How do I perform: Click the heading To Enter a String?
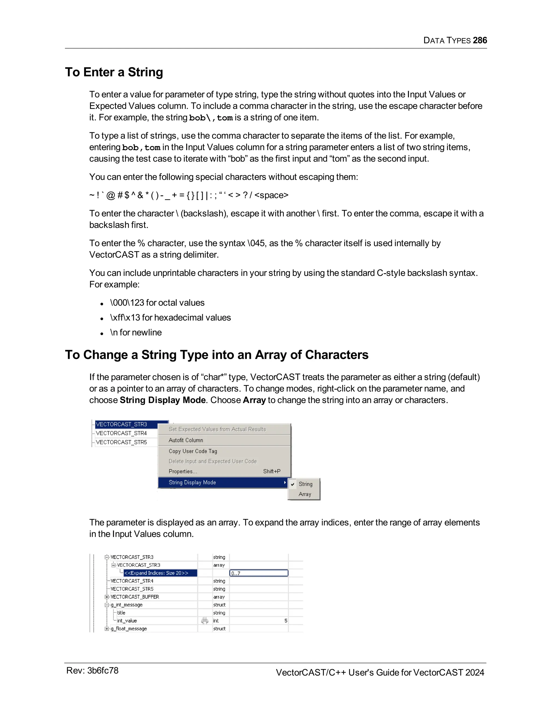tap(114, 72)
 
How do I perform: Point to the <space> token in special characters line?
tap(271, 195)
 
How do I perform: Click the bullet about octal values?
tap(157, 303)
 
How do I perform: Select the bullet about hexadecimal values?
tap(170, 317)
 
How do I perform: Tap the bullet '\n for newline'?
tap(136, 332)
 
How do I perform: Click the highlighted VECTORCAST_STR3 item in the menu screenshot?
tap(122, 424)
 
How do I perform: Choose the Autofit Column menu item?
tap(186, 440)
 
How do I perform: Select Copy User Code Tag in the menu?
tap(193, 451)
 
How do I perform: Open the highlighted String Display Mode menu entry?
tap(192, 483)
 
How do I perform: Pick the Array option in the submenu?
tap(305, 494)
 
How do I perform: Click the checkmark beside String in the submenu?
tap(293, 484)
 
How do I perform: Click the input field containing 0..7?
tap(258, 573)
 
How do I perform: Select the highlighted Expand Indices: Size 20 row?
tap(156, 573)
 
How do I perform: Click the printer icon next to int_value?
tap(205, 621)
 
